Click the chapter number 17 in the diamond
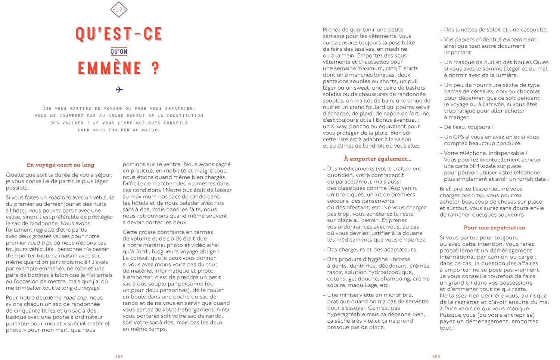coord(119,10)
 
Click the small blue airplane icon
coord(119,90)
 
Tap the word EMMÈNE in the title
coord(110,69)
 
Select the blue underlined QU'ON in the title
coord(119,52)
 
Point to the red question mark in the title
coord(156,68)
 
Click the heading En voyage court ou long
coord(60,165)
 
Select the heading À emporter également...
coord(377,159)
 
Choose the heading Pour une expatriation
coord(494,227)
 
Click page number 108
coord(119,357)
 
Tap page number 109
coord(436,357)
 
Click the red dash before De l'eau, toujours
coord(441,127)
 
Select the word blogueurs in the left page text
coord(162,252)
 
